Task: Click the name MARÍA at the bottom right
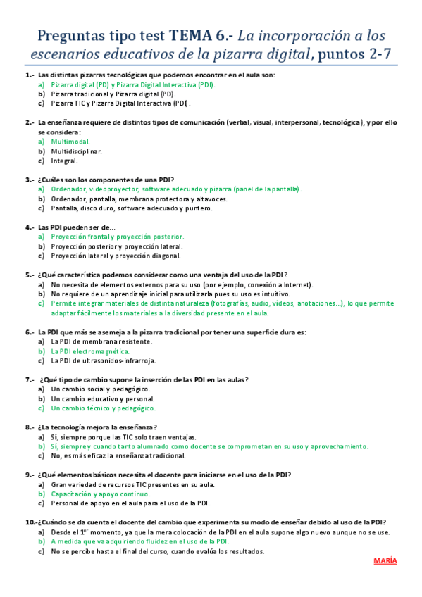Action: pos(385,560)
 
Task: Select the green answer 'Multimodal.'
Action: pos(70,142)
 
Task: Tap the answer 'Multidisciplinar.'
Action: pos(76,151)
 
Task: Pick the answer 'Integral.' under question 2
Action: pos(64,160)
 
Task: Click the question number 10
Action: pos(30,522)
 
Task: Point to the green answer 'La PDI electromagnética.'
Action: pos(90,351)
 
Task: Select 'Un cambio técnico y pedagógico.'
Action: pos(104,408)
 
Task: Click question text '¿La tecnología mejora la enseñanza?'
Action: pos(97,427)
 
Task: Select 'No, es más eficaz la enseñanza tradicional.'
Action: pos(118,455)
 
